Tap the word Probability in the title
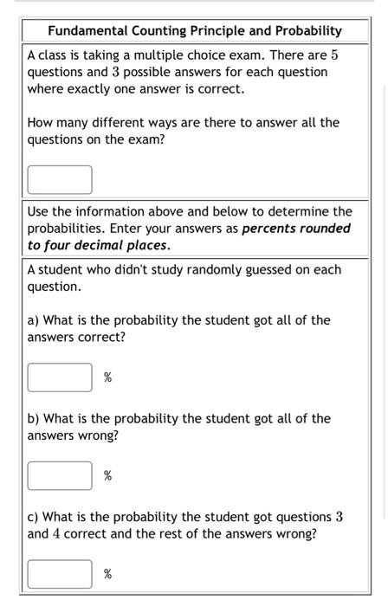[307, 31]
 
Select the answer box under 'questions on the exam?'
[60, 179]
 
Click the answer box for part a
[60, 377]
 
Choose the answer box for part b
[60, 475]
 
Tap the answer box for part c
[60, 574]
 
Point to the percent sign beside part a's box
[108, 377]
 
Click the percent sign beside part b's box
[108, 476]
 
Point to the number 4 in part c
[57, 534]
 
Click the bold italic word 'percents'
[268, 229]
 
